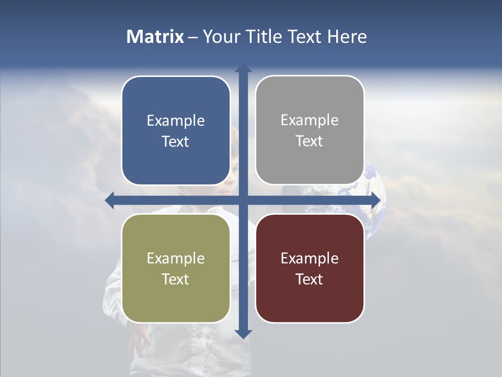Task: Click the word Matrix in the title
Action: point(155,37)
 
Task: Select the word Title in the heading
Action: point(264,37)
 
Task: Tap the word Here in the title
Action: point(347,37)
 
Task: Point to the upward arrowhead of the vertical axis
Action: point(243,68)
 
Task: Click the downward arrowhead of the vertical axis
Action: point(243,334)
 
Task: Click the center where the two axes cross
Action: point(243,201)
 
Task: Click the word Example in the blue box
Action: point(176,120)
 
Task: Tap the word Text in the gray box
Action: point(310,141)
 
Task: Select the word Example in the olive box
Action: point(176,258)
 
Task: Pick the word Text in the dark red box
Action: point(310,279)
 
